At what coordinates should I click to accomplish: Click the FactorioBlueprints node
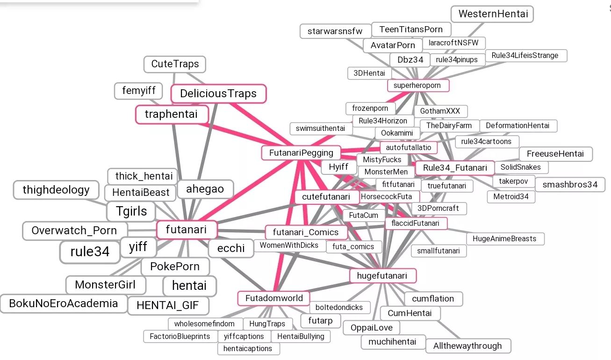click(x=180, y=336)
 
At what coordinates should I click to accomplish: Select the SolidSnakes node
click(x=520, y=167)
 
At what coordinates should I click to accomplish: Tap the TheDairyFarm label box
click(x=449, y=126)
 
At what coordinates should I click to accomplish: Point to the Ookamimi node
click(x=394, y=133)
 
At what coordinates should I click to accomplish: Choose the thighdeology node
click(x=56, y=190)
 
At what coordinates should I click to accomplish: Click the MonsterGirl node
click(x=105, y=285)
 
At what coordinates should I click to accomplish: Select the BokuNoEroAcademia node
click(x=64, y=303)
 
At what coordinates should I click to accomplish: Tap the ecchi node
click(x=231, y=248)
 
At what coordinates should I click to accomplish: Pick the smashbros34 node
click(x=570, y=184)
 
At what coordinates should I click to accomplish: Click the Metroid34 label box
click(x=511, y=197)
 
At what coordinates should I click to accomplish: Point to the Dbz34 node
click(x=410, y=60)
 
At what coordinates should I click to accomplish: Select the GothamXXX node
click(x=440, y=111)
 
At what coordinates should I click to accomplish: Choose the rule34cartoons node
click(x=486, y=142)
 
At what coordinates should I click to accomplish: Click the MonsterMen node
click(x=386, y=172)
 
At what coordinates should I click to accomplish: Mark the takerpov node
click(x=513, y=181)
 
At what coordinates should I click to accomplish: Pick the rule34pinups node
click(x=457, y=60)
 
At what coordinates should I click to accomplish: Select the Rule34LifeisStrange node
click(x=525, y=56)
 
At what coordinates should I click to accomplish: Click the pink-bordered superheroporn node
click(x=417, y=86)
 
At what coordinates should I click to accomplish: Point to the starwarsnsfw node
click(x=335, y=31)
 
